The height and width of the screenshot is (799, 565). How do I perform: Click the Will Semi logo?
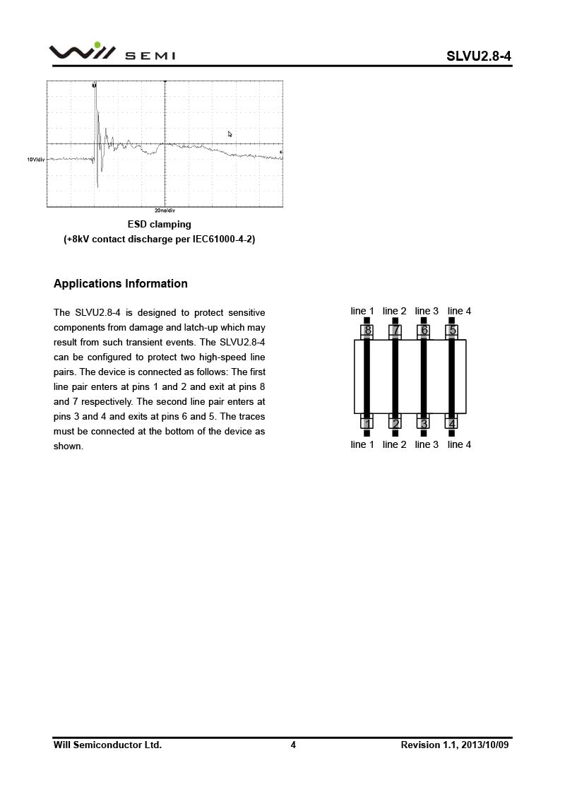(x=112, y=52)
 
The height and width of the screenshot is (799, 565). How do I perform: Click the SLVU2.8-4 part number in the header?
(x=478, y=56)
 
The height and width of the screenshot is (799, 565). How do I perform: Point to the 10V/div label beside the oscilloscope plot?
(x=36, y=160)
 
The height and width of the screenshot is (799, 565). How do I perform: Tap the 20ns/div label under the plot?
(x=165, y=211)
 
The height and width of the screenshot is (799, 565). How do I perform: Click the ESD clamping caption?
(x=160, y=225)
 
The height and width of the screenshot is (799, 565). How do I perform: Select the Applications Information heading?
(x=121, y=284)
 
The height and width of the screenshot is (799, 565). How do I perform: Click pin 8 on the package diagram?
(x=367, y=330)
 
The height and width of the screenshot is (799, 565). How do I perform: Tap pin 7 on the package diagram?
(x=395, y=330)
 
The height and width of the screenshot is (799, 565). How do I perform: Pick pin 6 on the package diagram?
(x=424, y=330)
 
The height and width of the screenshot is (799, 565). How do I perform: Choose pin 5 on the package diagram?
(x=452, y=330)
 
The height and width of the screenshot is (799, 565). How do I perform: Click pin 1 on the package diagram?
(x=367, y=423)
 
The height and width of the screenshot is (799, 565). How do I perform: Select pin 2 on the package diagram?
(x=395, y=423)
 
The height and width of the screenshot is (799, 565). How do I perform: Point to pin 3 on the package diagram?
(x=424, y=423)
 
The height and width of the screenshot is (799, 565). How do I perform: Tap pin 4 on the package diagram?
(x=452, y=423)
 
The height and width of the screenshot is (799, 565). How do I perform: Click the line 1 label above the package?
(x=362, y=312)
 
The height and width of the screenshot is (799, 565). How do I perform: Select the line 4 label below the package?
(x=459, y=444)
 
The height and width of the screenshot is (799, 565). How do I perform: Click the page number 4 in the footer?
(x=293, y=745)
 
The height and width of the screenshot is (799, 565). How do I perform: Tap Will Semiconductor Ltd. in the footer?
(x=107, y=745)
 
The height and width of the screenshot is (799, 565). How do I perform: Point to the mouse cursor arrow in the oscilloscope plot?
(x=230, y=134)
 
